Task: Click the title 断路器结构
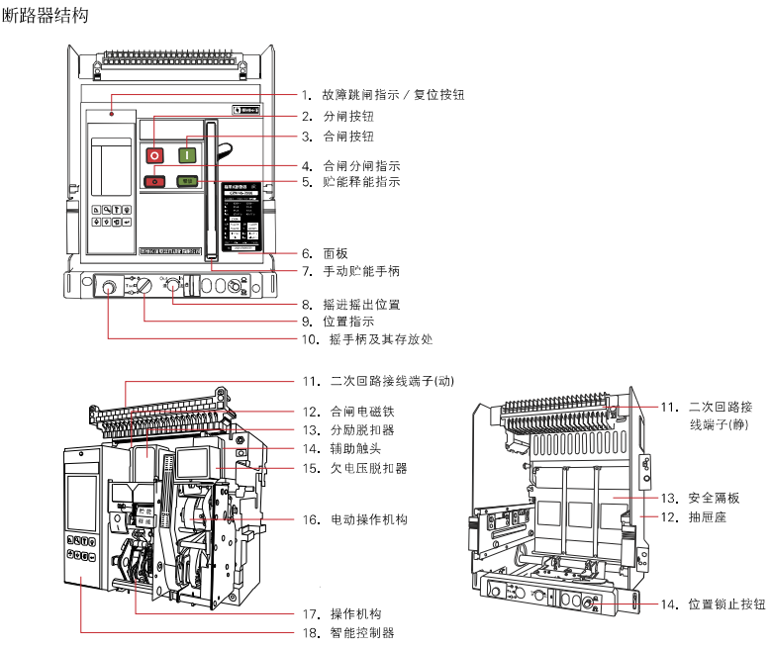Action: [x=48, y=16]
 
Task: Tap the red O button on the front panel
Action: [x=155, y=154]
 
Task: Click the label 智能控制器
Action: [x=362, y=632]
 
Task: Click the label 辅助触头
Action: [x=355, y=449]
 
